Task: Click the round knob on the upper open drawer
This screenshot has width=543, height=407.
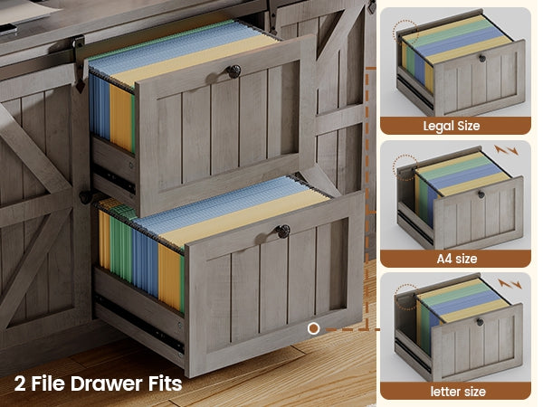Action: click(x=233, y=71)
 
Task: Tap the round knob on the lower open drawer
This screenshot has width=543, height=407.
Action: click(x=282, y=232)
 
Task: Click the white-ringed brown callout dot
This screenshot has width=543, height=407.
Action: click(x=313, y=328)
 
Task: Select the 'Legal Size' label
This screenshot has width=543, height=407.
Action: click(x=452, y=126)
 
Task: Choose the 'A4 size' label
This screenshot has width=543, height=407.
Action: click(x=457, y=259)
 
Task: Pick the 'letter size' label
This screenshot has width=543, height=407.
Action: click(x=458, y=392)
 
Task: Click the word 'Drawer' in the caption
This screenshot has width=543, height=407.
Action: click(x=107, y=383)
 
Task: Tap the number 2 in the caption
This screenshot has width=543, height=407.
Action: click(x=20, y=383)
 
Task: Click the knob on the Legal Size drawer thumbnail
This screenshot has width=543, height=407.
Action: click(x=482, y=59)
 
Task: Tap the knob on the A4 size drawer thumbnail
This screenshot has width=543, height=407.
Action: click(x=481, y=194)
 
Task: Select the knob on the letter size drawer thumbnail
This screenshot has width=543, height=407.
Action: click(x=480, y=322)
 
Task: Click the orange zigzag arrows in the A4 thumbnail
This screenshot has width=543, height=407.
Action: click(x=506, y=150)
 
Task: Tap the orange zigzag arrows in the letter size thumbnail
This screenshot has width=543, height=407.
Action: click(x=510, y=284)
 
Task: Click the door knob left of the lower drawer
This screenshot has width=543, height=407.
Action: click(x=85, y=197)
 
